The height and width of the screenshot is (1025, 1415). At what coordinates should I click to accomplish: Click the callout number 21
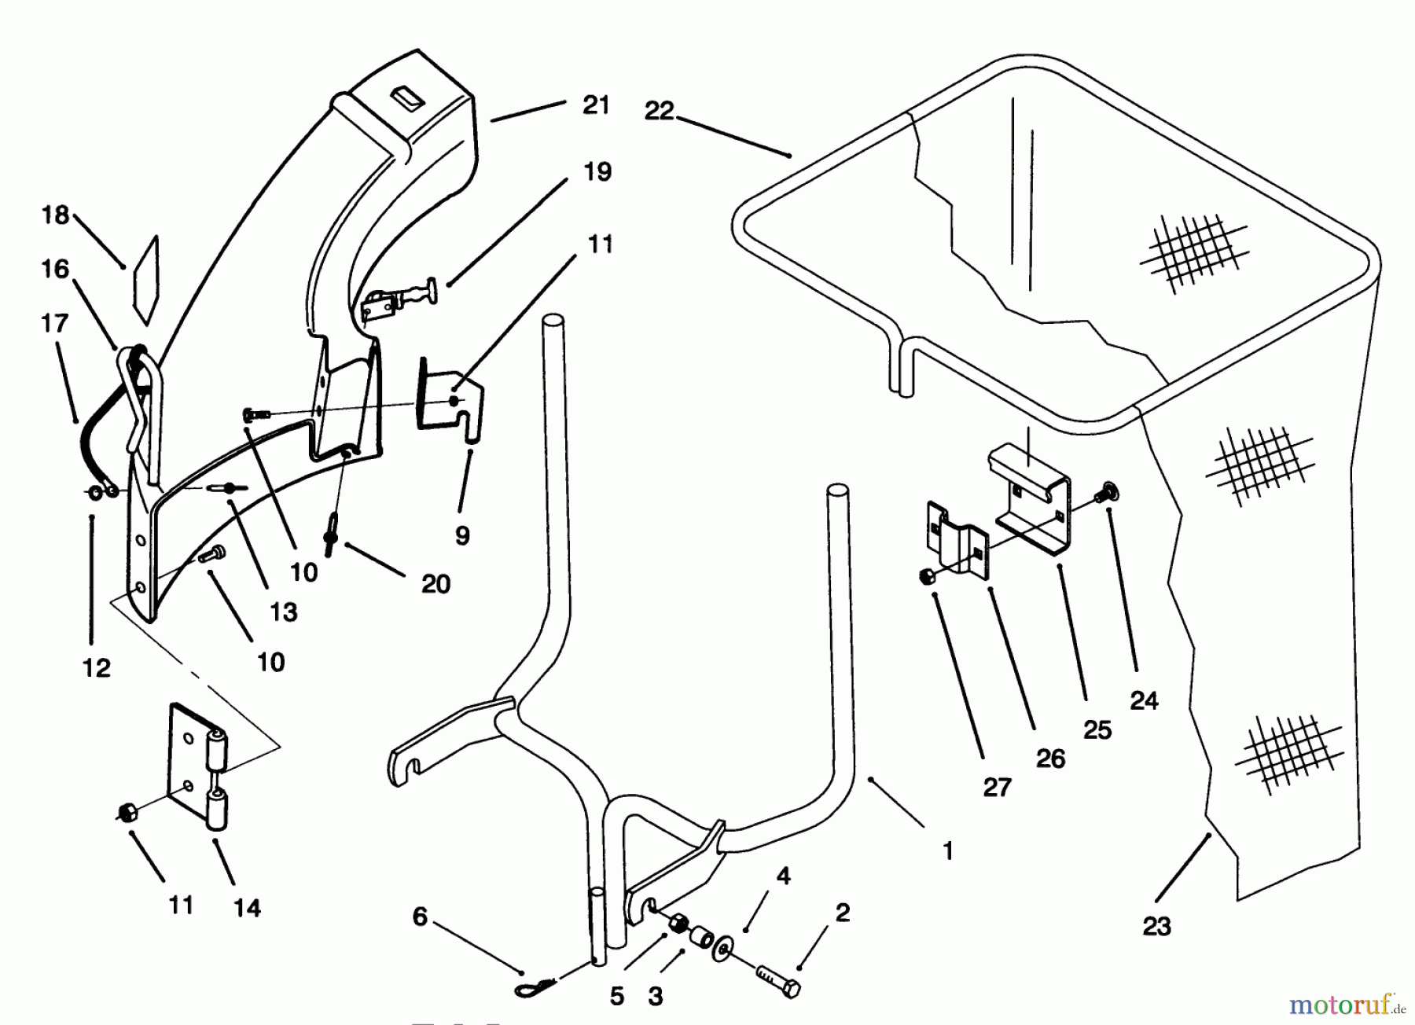(x=596, y=105)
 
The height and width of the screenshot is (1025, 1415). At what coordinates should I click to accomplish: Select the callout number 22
(x=659, y=112)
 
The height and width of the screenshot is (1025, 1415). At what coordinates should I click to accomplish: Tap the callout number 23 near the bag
(x=1156, y=928)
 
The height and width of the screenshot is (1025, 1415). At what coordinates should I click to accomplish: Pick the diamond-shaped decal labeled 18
(x=146, y=281)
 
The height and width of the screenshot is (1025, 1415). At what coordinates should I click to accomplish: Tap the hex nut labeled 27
(x=924, y=578)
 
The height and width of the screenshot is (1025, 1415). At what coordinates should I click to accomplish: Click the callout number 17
(x=54, y=323)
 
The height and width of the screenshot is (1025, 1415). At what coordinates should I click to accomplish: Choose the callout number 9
(x=462, y=536)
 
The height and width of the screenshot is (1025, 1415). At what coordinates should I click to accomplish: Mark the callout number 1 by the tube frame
(x=948, y=851)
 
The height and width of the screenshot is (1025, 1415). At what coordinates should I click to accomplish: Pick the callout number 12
(x=96, y=668)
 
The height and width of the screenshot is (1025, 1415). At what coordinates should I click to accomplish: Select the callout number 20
(x=436, y=584)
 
